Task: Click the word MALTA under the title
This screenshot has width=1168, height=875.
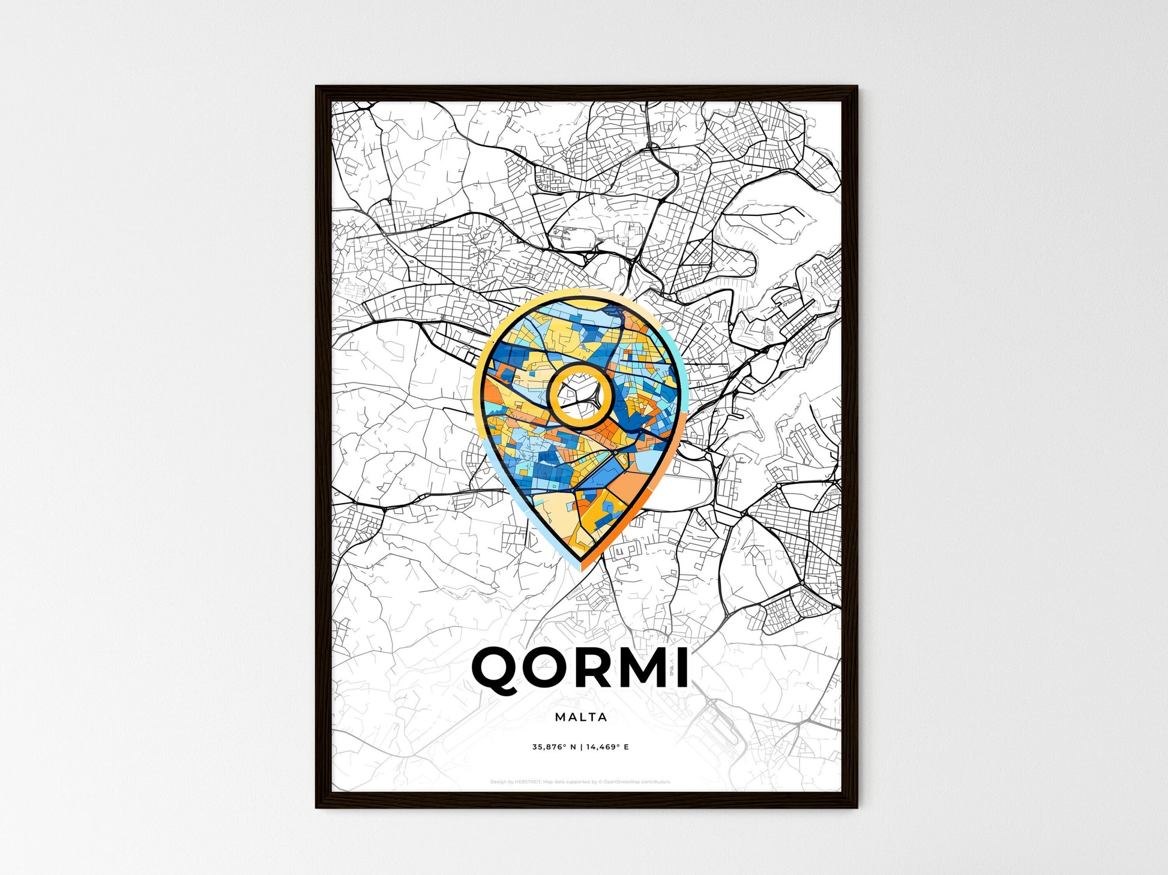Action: [x=581, y=717]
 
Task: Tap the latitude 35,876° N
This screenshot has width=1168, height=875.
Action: [x=553, y=747]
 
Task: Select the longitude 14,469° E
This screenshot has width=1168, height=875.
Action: [x=607, y=747]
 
